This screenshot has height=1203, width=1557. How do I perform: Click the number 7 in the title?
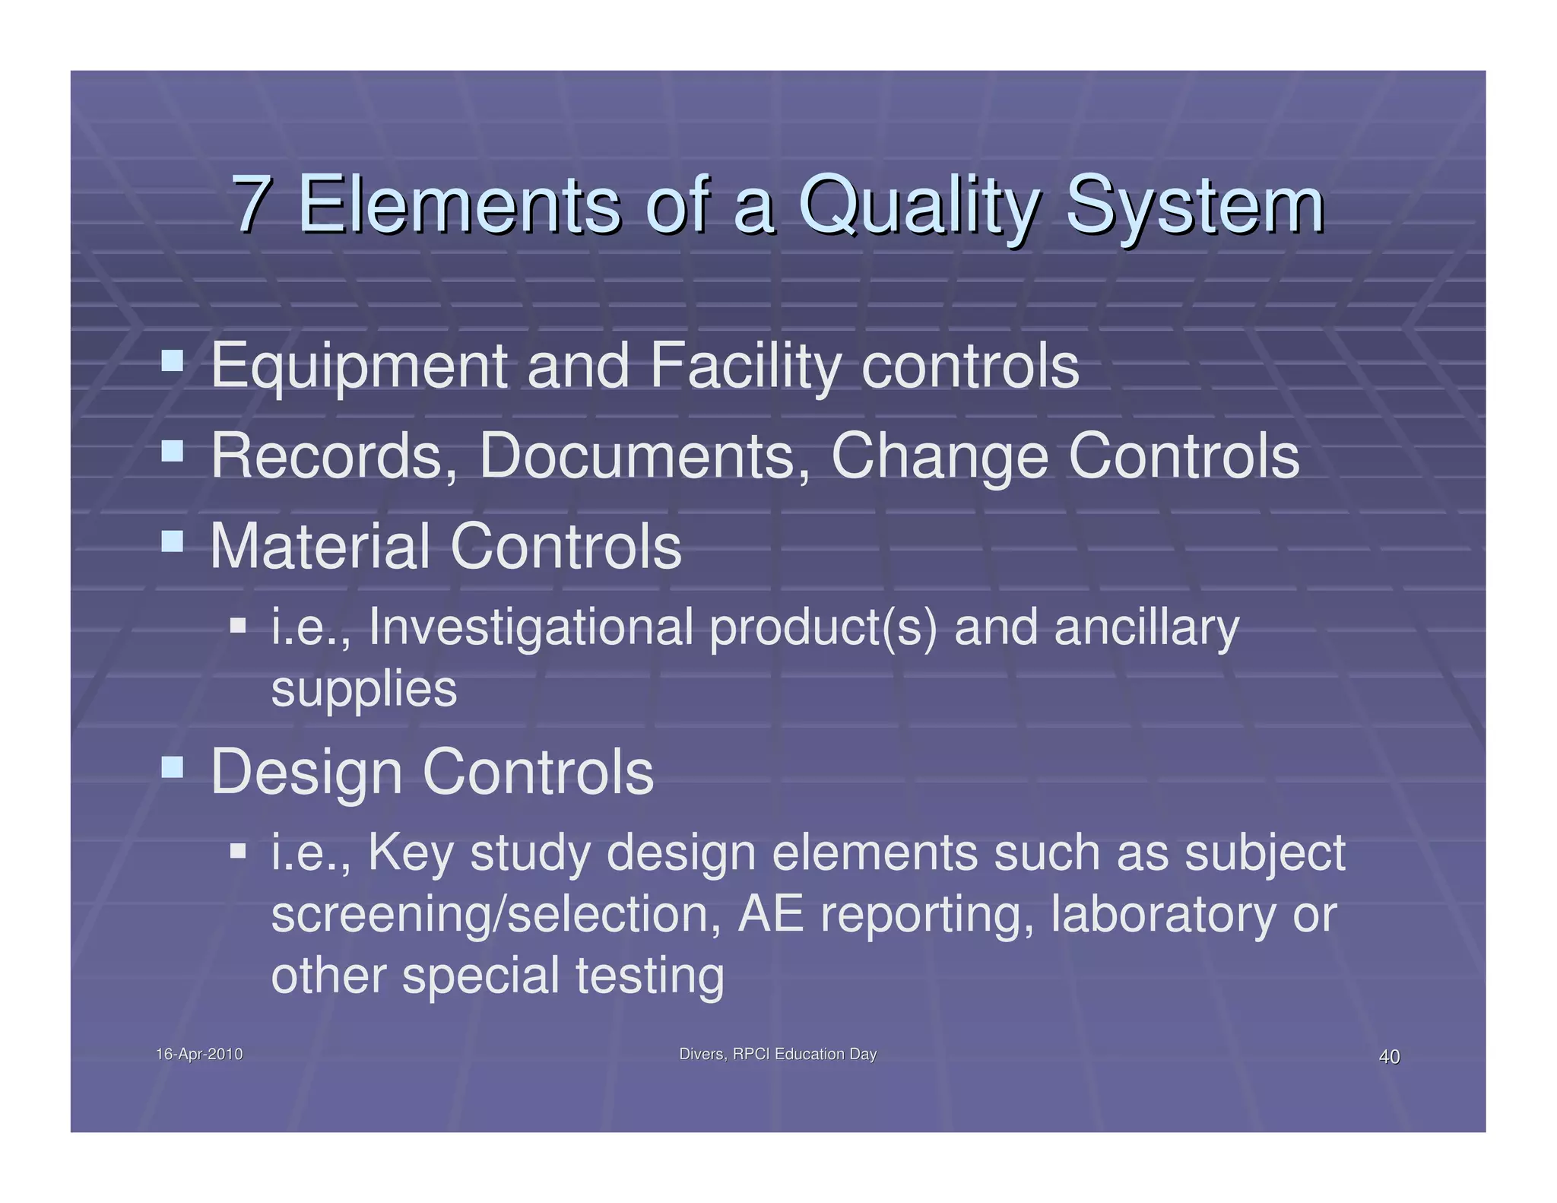click(252, 204)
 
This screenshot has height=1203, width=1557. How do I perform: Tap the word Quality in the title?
click(918, 204)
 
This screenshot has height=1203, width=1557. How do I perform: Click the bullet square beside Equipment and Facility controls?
click(173, 360)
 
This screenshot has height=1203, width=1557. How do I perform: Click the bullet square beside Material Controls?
click(173, 541)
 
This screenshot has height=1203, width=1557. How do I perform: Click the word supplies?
click(364, 688)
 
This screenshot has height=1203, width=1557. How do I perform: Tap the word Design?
click(306, 772)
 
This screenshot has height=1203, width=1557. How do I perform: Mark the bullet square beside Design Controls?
click(173, 767)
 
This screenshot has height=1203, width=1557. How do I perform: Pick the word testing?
click(649, 976)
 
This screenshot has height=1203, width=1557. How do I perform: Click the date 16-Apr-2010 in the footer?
click(199, 1054)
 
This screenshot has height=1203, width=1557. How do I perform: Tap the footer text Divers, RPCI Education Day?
click(778, 1054)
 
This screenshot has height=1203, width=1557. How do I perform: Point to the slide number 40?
click(1389, 1056)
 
